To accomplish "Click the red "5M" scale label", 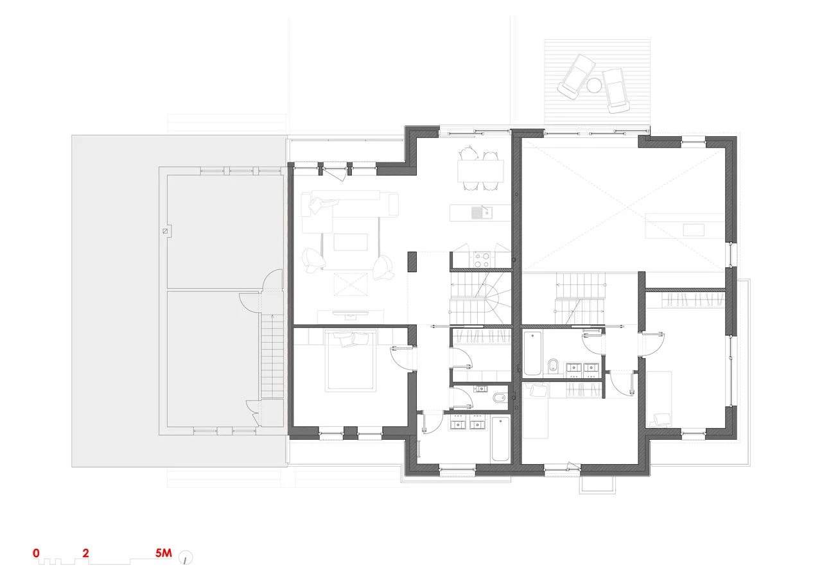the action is coord(163,553).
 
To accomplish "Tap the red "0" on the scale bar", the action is coord(36,553).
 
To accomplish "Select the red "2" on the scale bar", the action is coord(85,553).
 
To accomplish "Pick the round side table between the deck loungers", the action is coord(593,85).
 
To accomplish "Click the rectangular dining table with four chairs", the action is coord(480,171).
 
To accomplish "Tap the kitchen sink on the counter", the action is coord(482,212).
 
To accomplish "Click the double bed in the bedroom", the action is coord(351,360).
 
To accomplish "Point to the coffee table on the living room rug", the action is coord(351,242).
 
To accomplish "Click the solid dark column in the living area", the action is coord(412,261).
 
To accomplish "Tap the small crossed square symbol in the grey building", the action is coord(165,231).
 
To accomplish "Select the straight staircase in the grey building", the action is coord(272,356).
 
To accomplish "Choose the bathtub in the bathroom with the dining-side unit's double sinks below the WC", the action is coord(500,438).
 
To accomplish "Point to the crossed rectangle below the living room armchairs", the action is coord(351,284).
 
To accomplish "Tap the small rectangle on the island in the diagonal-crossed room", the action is coord(693,230).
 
